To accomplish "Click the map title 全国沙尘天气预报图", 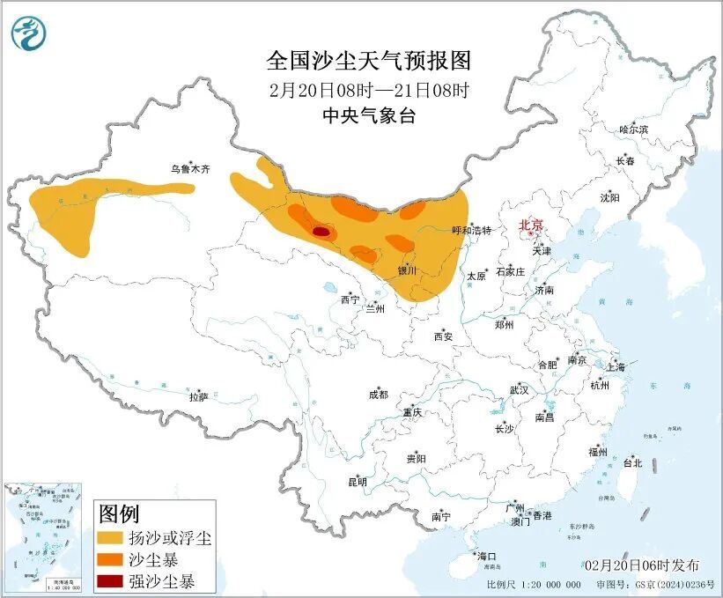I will (x=368, y=61).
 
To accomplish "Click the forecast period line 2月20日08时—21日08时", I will (x=368, y=89).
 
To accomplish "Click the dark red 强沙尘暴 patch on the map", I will (x=322, y=232).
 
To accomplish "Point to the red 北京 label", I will (x=531, y=225).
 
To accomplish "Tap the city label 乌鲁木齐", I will (x=191, y=168).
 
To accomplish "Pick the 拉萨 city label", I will (x=198, y=397).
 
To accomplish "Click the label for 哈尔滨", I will (x=632, y=129).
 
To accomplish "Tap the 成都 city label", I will (x=378, y=395).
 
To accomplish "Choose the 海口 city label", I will (x=487, y=557).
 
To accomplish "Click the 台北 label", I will (x=632, y=462).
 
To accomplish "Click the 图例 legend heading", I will (x=118, y=513).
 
